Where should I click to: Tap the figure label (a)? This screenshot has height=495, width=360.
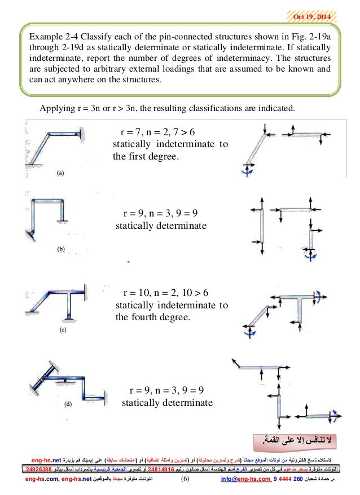click(61, 174)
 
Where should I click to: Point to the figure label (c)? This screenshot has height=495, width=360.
click(62, 329)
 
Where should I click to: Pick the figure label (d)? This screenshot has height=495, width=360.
click(68, 404)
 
